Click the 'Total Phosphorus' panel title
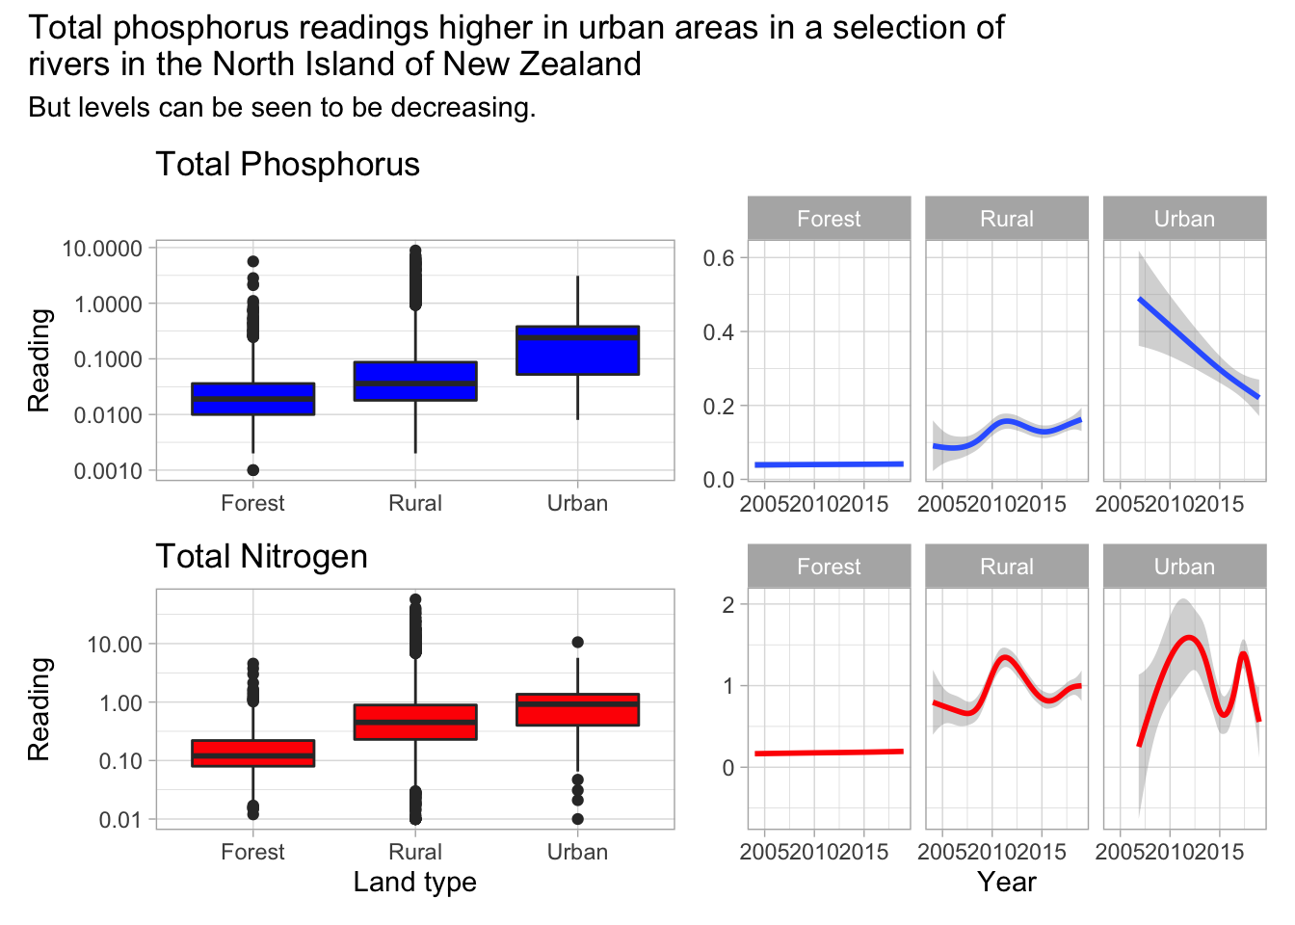tap(287, 165)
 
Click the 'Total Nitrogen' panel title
tap(261, 557)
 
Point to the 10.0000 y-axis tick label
tap(102, 249)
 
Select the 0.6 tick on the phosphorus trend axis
tap(719, 258)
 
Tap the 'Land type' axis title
tap(414, 882)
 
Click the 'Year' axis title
tap(1006, 882)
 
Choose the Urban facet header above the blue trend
tap(1184, 219)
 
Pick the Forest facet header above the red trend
tap(829, 567)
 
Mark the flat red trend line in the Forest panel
tap(829, 753)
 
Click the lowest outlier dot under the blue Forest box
tap(252, 470)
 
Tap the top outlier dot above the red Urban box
tap(577, 642)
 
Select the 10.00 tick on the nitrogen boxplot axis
tap(115, 645)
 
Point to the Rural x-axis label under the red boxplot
tap(415, 852)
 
